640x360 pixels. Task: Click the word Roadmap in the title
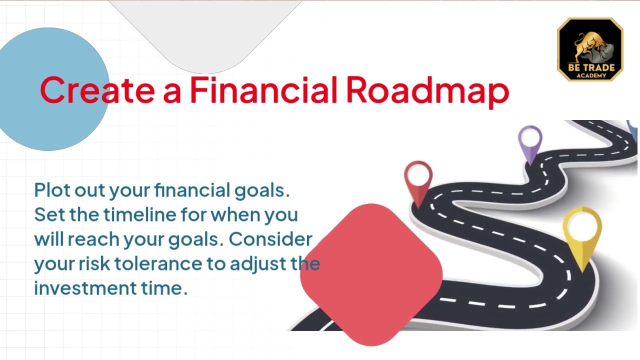tap(427, 91)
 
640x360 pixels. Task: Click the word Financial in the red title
tap(263, 89)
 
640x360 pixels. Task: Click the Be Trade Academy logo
tap(590, 49)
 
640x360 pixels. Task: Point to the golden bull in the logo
tap(585, 45)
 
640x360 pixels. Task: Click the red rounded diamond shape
tap(371, 274)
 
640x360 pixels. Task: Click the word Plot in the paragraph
tap(52, 189)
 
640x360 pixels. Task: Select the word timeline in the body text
tap(139, 214)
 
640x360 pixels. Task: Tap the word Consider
tap(270, 239)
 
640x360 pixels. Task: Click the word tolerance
tap(158, 263)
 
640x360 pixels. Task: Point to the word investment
tap(85, 288)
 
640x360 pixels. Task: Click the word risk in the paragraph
tap(94, 263)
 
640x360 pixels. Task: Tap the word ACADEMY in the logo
tap(591, 75)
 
